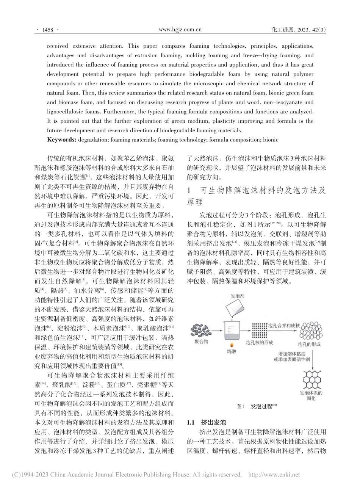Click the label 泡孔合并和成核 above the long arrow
pos(282,325)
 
